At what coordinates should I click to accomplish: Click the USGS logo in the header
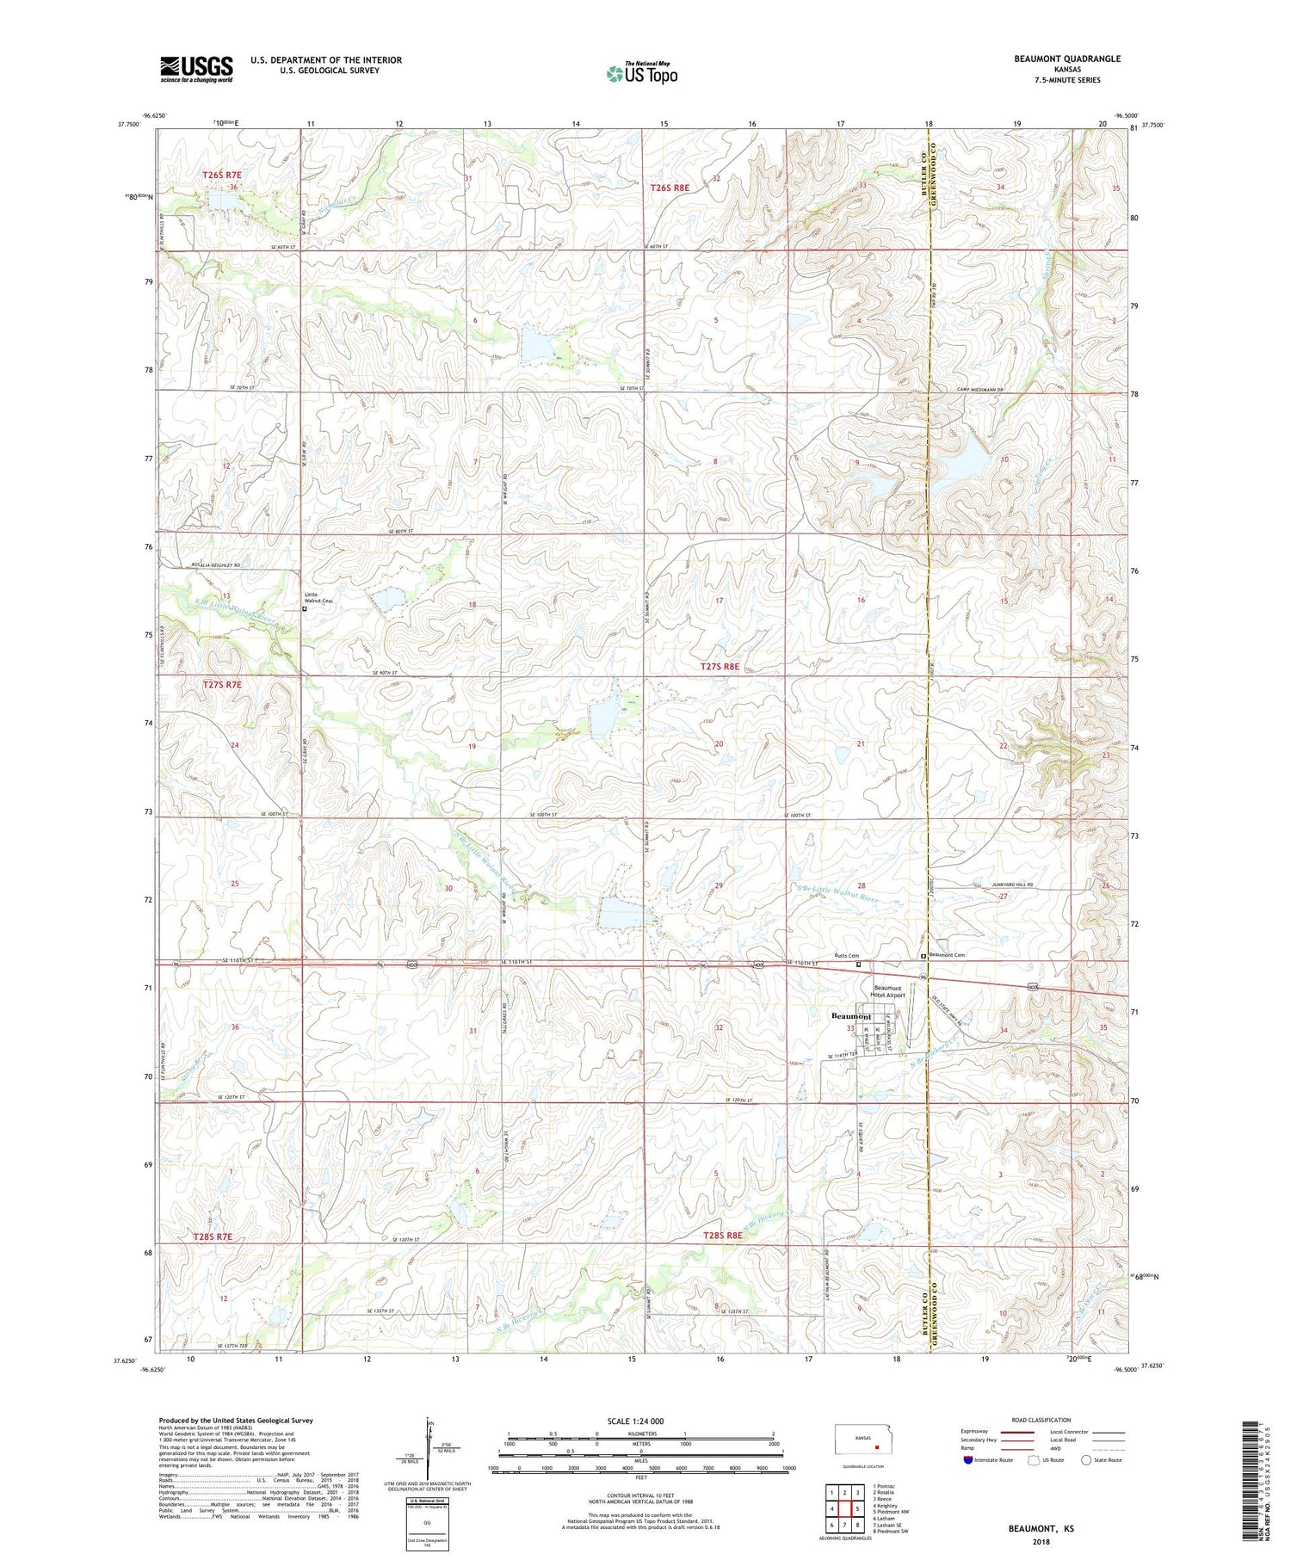196,69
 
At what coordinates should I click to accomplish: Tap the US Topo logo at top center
641,74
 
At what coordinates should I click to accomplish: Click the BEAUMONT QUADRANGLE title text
1068,59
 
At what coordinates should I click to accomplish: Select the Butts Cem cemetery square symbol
858,965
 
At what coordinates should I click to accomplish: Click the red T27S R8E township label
720,666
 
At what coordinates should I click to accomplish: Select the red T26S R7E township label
222,175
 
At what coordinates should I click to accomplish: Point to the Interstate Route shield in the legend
968,1459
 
